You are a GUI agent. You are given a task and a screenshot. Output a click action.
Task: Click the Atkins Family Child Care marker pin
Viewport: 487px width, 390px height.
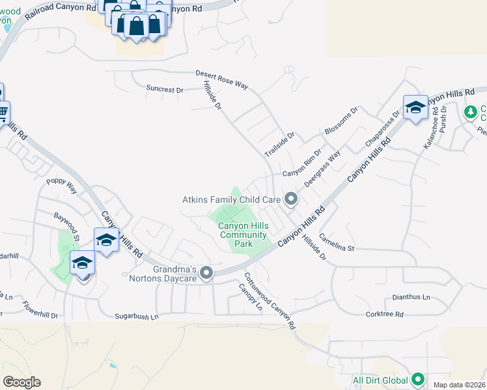[x=291, y=200]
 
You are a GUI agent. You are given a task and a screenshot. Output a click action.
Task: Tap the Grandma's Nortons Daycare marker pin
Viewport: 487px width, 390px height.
[x=206, y=273]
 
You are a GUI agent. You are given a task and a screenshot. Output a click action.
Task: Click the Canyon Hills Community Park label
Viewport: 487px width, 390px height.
[x=235, y=235]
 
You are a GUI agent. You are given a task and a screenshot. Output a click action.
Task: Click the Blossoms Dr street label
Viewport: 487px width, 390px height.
[x=342, y=122]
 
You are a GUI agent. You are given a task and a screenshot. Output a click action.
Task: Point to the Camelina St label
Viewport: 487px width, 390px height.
[x=337, y=248]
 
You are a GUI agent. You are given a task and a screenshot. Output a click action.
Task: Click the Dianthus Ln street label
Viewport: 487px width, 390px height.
[x=411, y=297]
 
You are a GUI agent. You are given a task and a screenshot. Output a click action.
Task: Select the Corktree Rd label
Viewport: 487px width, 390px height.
[x=385, y=314]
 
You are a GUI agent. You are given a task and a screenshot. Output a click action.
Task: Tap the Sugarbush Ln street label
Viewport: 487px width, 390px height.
[x=137, y=317]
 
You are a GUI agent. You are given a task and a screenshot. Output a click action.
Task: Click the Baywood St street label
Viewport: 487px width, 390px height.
[x=66, y=222]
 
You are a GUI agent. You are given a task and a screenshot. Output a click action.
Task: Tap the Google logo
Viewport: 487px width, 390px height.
[x=21, y=382]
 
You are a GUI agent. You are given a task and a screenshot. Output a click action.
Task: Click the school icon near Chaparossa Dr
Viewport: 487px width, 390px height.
[x=415, y=108]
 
